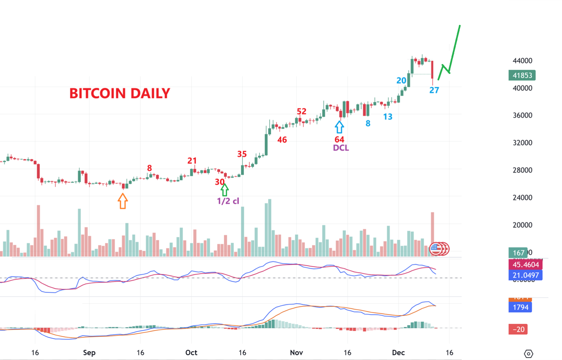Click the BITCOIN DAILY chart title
[120, 93]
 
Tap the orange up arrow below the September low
[123, 201]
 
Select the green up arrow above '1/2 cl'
[224, 190]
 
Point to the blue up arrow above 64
[339, 127]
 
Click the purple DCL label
[341, 148]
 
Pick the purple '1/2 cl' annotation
[228, 201]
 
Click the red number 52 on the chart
[301, 111]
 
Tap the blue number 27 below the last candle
[434, 90]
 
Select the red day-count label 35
[242, 154]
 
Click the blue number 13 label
[388, 117]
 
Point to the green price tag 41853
[522, 75]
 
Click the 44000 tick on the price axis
[522, 61]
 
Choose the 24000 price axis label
[522, 198]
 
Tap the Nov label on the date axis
[296, 352]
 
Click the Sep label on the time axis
[89, 352]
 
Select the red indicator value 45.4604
[526, 265]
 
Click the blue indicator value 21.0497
[526, 275]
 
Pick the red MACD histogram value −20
[518, 329]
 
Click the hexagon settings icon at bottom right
[528, 354]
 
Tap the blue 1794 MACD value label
[520, 307]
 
